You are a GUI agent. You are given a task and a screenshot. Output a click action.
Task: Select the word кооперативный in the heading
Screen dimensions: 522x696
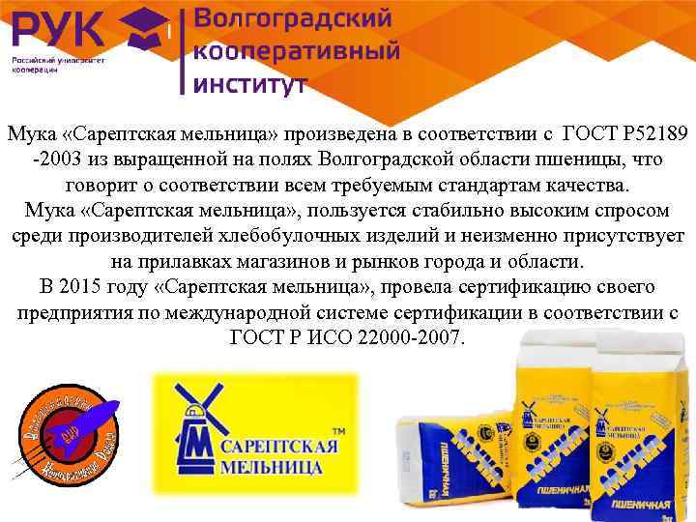pyautogui.click(x=298, y=51)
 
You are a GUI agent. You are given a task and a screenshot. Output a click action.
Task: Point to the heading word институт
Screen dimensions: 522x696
pyautogui.click(x=251, y=83)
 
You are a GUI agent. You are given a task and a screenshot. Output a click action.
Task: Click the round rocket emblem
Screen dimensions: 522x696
pyautogui.click(x=70, y=432)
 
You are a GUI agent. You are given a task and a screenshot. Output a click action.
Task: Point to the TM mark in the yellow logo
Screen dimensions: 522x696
pyautogui.click(x=339, y=429)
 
